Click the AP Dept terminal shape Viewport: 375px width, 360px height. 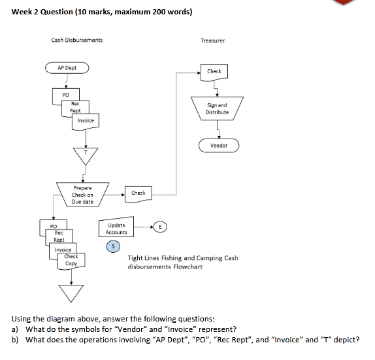[66, 67]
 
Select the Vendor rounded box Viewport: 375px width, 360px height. [219, 145]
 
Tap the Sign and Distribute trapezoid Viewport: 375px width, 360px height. [217, 108]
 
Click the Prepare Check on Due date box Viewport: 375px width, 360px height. [82, 195]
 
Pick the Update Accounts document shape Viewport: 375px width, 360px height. [116, 229]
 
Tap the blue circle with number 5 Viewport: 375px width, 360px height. [114, 246]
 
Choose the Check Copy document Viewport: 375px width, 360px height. [72, 261]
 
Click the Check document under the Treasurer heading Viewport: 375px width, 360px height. [214, 71]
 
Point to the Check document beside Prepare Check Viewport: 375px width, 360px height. [138, 193]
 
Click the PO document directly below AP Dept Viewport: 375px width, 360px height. [57, 95]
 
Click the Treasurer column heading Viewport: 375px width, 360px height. [212, 41]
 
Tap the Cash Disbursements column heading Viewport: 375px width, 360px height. [76, 41]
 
